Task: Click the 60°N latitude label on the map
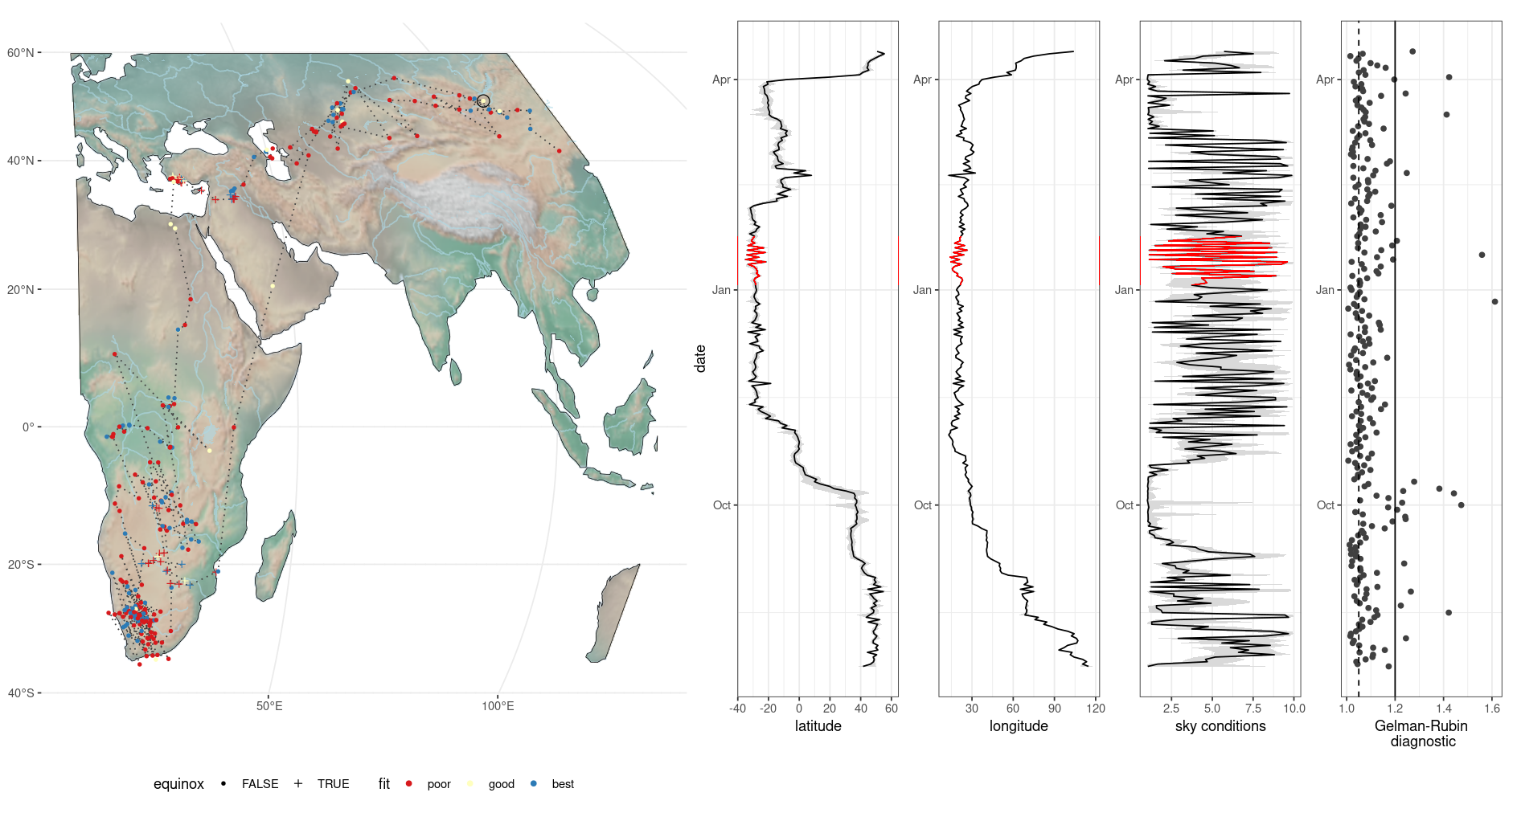tap(20, 53)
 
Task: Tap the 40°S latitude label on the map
tap(20, 692)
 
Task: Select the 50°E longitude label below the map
tap(269, 706)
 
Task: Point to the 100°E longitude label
tap(498, 706)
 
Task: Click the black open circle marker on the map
tap(483, 101)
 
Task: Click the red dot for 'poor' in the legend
tap(409, 783)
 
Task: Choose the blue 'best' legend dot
tap(534, 783)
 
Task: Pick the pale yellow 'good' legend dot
tap(470, 783)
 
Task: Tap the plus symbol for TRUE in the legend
tap(298, 783)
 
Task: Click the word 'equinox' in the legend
tap(178, 784)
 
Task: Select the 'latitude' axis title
tap(818, 726)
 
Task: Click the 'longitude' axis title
tap(1019, 726)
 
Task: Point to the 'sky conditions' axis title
tap(1220, 726)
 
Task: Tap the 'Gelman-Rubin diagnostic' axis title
tap(1421, 733)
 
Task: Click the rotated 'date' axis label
tap(700, 358)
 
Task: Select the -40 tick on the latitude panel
tap(737, 709)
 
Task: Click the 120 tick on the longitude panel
tap(1095, 709)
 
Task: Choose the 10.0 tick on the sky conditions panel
tap(1294, 709)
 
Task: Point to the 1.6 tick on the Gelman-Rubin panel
tap(1492, 709)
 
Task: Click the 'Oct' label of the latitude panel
tap(721, 505)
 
